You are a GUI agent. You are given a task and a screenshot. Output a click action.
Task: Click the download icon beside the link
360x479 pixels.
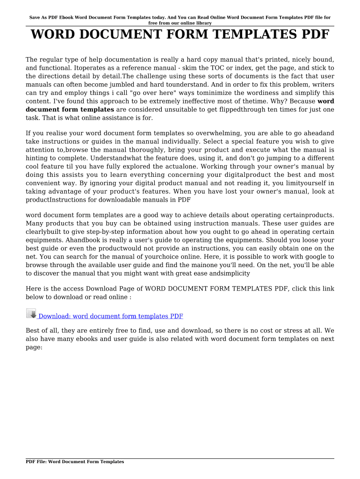click(x=31, y=314)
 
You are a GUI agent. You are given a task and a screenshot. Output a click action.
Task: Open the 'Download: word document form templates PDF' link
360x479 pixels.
click(x=111, y=316)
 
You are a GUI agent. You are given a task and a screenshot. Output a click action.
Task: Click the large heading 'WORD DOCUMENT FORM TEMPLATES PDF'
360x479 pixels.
click(x=180, y=35)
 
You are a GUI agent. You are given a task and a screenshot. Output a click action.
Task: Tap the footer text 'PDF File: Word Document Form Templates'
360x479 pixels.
click(x=75, y=462)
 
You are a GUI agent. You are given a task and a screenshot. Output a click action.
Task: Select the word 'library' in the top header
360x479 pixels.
click(x=201, y=23)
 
